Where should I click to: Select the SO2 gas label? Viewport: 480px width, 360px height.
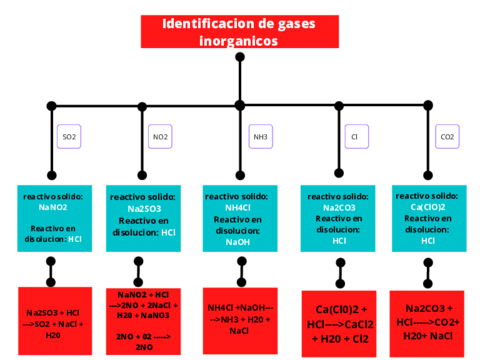tap(69, 136)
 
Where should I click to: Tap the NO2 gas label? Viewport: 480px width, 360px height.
tap(160, 136)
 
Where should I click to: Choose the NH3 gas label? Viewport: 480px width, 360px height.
tap(260, 136)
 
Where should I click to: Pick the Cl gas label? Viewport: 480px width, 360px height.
tap(353, 136)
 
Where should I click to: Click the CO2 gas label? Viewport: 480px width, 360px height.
tap(447, 136)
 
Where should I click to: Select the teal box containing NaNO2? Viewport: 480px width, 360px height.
tap(54, 218)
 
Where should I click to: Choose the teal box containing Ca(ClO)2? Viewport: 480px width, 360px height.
tap(428, 218)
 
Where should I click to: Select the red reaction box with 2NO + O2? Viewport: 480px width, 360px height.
tap(144, 320)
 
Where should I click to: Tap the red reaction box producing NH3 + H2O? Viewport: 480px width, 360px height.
tap(239, 318)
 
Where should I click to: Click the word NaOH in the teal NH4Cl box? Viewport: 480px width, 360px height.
tap(238, 242)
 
